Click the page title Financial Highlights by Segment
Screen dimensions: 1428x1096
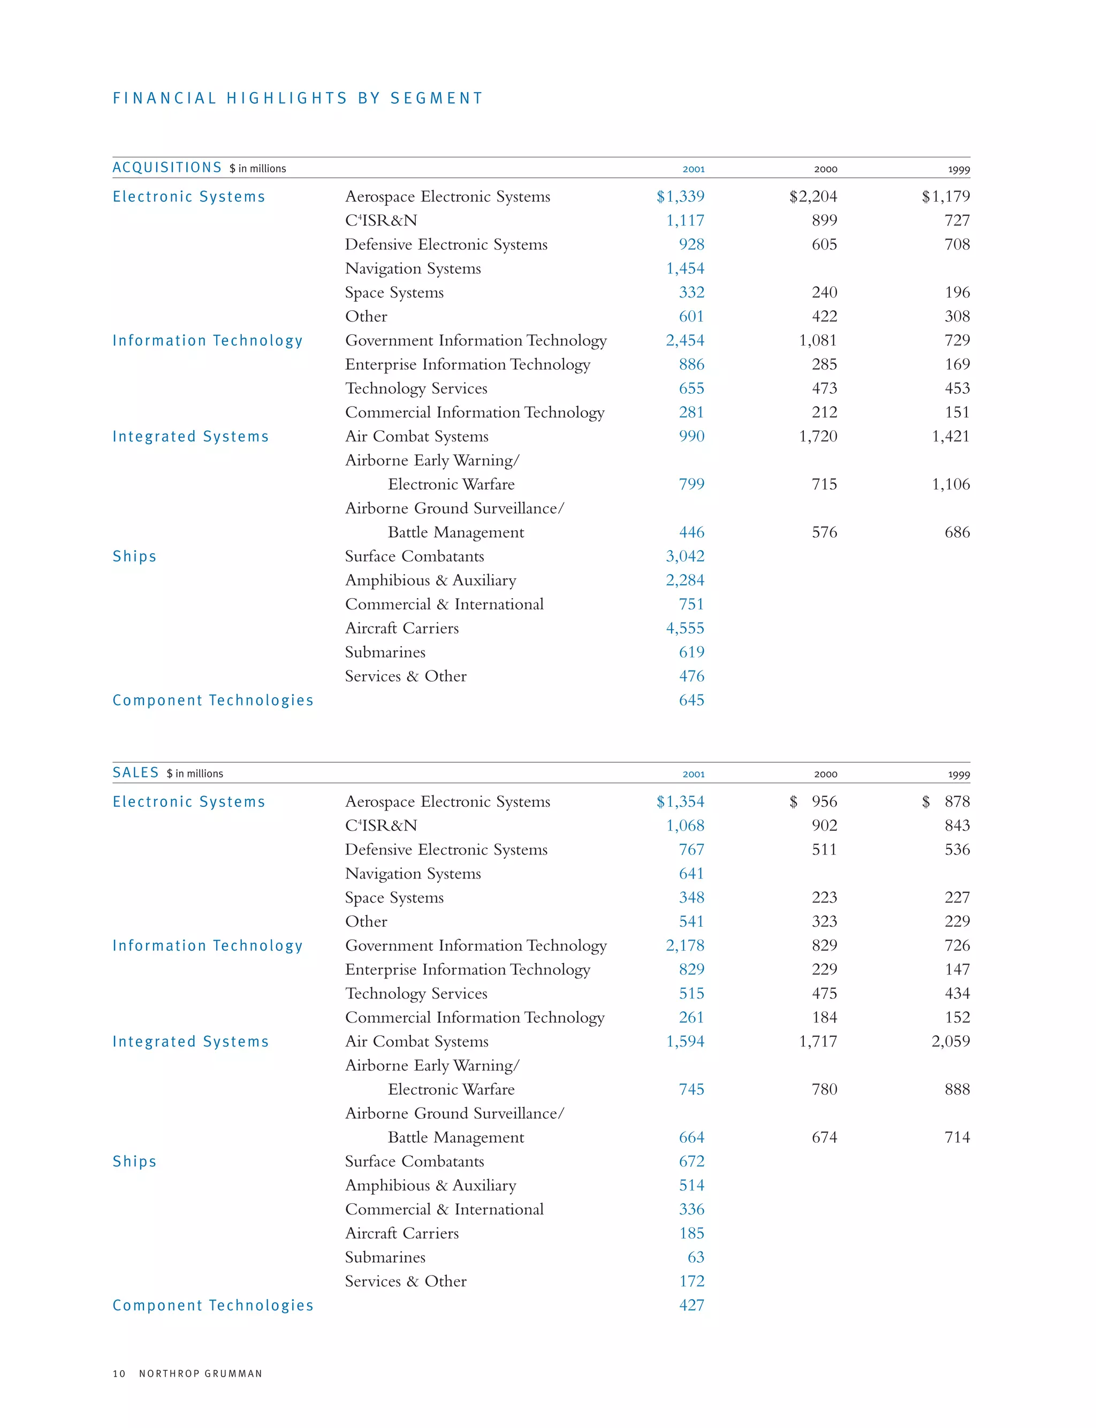click(x=298, y=98)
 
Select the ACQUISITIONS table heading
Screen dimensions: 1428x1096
click(x=167, y=167)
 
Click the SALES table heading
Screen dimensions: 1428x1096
click(x=136, y=773)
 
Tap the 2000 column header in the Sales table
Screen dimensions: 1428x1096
click(x=825, y=774)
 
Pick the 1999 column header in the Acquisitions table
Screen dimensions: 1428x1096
click(x=958, y=170)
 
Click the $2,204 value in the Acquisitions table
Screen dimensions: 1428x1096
click(x=813, y=196)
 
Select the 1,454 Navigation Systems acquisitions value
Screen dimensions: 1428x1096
click(x=685, y=268)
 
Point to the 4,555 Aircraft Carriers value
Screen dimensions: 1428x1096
click(x=685, y=628)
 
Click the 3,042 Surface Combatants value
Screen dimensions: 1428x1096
click(x=685, y=556)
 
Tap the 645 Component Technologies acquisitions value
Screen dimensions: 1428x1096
click(x=691, y=700)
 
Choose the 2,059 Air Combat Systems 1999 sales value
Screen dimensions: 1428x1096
click(x=950, y=1041)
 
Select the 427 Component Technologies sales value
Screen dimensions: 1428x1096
click(x=691, y=1305)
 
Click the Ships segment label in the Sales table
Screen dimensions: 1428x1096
click(x=134, y=1162)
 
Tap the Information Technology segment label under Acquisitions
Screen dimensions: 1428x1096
click(x=208, y=340)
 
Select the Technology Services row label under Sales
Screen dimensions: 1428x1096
click(x=416, y=993)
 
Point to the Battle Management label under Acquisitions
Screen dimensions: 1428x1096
click(x=455, y=532)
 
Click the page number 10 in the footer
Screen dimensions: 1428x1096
click(x=119, y=1373)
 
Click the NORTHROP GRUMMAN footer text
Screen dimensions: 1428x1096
click(x=200, y=1373)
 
